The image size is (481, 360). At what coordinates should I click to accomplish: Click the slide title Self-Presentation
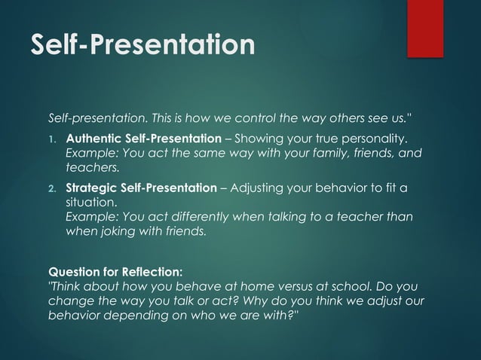click(x=142, y=44)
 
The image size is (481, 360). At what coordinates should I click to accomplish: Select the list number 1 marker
click(x=53, y=140)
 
